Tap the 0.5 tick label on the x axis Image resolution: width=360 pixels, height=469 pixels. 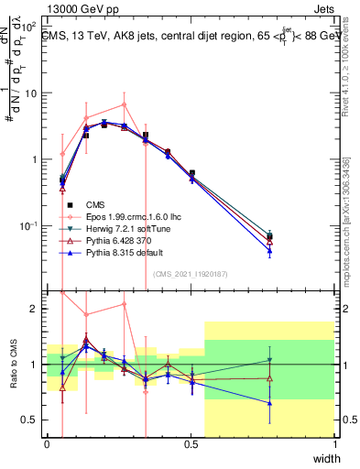(x=191, y=445)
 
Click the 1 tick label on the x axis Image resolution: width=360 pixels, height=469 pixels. (x=334, y=445)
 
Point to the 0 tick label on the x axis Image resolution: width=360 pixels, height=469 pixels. (x=47, y=445)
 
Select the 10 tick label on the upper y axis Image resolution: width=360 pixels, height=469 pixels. (x=31, y=93)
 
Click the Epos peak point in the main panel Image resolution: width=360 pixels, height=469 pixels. (x=124, y=104)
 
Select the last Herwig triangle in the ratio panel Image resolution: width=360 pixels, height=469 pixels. (x=269, y=360)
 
